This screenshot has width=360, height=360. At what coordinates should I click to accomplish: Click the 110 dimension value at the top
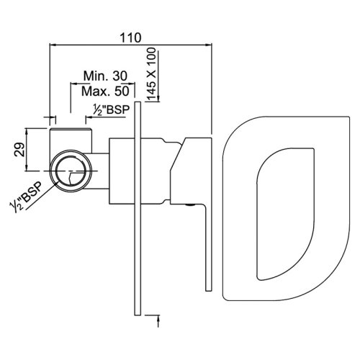point(131,37)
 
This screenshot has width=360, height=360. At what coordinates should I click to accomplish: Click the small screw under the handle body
point(190,205)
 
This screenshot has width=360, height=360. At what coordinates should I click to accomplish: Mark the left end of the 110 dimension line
point(48,45)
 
